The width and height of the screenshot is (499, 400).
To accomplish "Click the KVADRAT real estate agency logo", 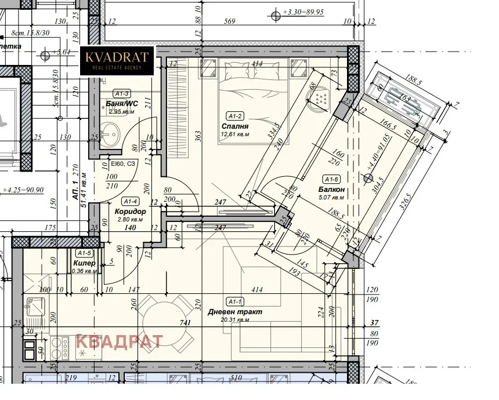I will point(117,60).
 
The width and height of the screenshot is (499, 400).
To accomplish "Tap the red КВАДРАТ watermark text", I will point(120,341).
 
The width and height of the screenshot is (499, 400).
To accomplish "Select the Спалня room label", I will point(235,126).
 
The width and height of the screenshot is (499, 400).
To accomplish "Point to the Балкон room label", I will point(331,190).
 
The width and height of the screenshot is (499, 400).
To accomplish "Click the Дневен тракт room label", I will point(234,311).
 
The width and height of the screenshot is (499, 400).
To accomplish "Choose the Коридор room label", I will point(130,212).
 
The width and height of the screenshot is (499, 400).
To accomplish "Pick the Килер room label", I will point(84,263).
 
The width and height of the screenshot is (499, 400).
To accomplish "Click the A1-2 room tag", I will point(234,115).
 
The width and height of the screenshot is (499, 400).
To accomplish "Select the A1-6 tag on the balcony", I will point(331,179).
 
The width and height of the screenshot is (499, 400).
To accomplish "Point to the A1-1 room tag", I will point(235,301).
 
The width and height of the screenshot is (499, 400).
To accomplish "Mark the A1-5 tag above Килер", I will point(84,253).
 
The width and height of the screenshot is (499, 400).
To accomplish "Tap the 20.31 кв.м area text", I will point(234,319).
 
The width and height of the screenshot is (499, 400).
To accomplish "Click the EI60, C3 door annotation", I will point(122,165).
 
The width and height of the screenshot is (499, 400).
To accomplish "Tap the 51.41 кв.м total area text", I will point(83,190).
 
